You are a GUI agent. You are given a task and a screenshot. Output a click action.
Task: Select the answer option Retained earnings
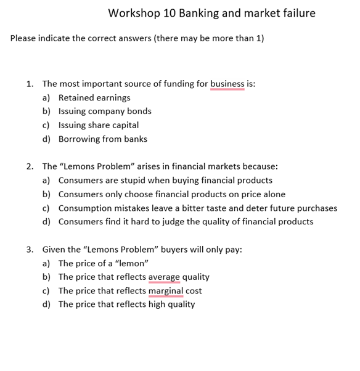(x=94, y=98)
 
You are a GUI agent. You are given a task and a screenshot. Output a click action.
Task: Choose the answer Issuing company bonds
(x=105, y=112)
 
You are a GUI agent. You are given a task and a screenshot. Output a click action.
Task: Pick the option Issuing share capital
(x=99, y=125)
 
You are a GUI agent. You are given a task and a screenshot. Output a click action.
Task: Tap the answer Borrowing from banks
(x=103, y=139)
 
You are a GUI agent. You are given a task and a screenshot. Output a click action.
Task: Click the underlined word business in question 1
(x=227, y=84)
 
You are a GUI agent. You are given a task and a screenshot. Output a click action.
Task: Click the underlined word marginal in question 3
(x=166, y=290)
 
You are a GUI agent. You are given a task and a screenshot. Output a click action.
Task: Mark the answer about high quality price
(x=126, y=304)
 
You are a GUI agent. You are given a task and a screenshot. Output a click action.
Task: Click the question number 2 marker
(x=30, y=166)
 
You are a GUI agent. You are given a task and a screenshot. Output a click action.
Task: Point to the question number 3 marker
(x=30, y=250)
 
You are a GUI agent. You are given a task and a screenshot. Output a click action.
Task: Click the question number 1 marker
(x=30, y=84)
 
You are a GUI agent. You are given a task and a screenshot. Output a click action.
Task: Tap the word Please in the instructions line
(x=24, y=38)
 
